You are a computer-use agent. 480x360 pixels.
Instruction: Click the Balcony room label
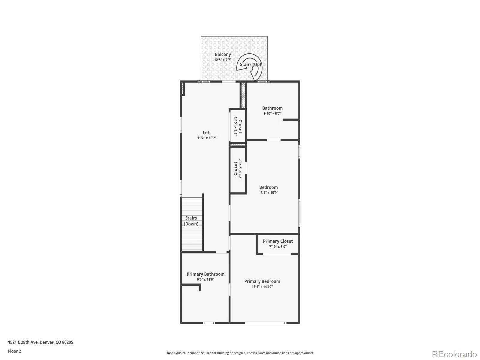[223, 54]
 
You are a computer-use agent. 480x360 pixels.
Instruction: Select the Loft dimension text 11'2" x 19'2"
[207, 138]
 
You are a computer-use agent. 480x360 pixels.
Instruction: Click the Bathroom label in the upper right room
[272, 108]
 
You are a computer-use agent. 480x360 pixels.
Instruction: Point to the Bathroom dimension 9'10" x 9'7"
[272, 113]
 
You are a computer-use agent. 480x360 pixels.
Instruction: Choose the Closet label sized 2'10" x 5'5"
[240, 126]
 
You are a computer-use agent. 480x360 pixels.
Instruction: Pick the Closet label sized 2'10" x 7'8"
[235, 169]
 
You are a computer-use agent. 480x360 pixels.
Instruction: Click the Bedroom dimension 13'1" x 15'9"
[268, 193]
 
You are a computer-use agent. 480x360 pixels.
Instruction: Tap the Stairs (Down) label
[191, 221]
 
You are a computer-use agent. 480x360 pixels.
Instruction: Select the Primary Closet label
[278, 241]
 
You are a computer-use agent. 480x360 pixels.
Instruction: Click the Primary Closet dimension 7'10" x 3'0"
[278, 247]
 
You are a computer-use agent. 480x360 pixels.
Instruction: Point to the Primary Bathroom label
[205, 274]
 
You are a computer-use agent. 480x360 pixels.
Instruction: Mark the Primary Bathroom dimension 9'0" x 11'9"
[205, 280]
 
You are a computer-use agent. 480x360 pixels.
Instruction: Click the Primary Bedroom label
[262, 281]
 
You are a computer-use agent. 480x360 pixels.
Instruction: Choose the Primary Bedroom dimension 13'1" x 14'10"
[262, 287]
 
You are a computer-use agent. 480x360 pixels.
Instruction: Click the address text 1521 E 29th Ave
[23, 342]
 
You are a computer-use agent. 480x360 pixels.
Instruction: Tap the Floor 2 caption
[14, 351]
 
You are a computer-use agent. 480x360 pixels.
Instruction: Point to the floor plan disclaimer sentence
[240, 353]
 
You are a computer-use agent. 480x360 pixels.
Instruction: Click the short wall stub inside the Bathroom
[291, 120]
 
